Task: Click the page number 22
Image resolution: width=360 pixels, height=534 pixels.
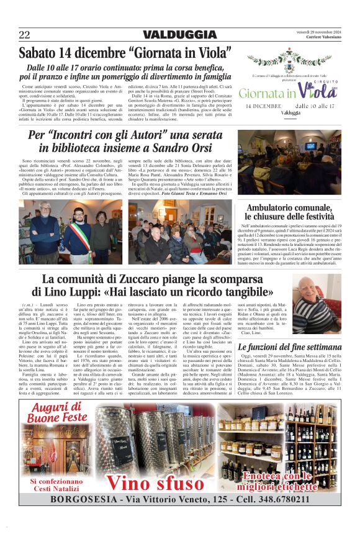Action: pos(24,35)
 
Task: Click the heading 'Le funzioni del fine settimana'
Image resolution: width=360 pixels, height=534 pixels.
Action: pos(289,347)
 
